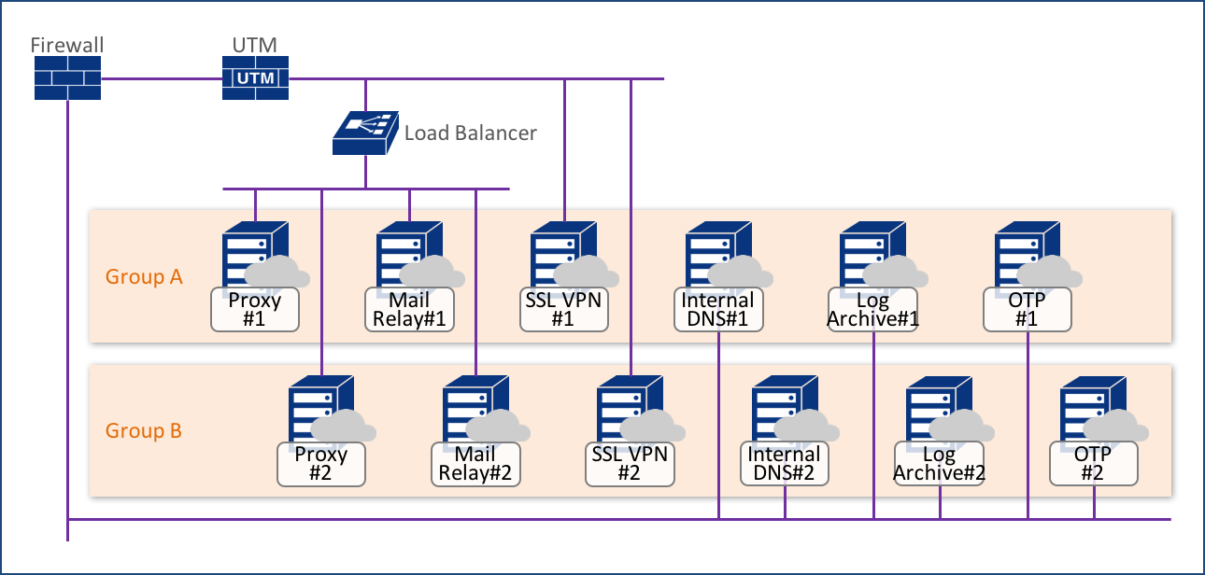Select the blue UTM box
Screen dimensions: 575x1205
click(255, 77)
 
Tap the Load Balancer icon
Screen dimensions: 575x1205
click(364, 133)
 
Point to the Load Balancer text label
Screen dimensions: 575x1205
click(470, 133)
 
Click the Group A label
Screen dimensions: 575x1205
click(144, 277)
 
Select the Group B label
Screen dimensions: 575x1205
click(144, 431)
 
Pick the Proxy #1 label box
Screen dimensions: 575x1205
click(254, 310)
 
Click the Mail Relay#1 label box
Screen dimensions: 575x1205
click(408, 310)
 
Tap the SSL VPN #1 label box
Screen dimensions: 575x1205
click(563, 310)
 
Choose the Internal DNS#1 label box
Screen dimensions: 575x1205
click(717, 310)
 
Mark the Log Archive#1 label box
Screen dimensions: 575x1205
click(872, 310)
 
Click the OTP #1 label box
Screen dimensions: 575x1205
click(1027, 310)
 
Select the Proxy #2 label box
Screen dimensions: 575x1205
click(320, 464)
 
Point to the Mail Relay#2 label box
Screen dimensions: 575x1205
click(475, 464)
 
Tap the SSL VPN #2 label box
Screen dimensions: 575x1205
click(630, 464)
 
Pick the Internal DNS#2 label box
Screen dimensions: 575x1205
click(784, 464)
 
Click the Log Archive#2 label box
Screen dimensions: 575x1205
click(939, 464)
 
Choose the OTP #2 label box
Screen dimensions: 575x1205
click(1093, 464)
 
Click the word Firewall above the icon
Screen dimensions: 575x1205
click(66, 45)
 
